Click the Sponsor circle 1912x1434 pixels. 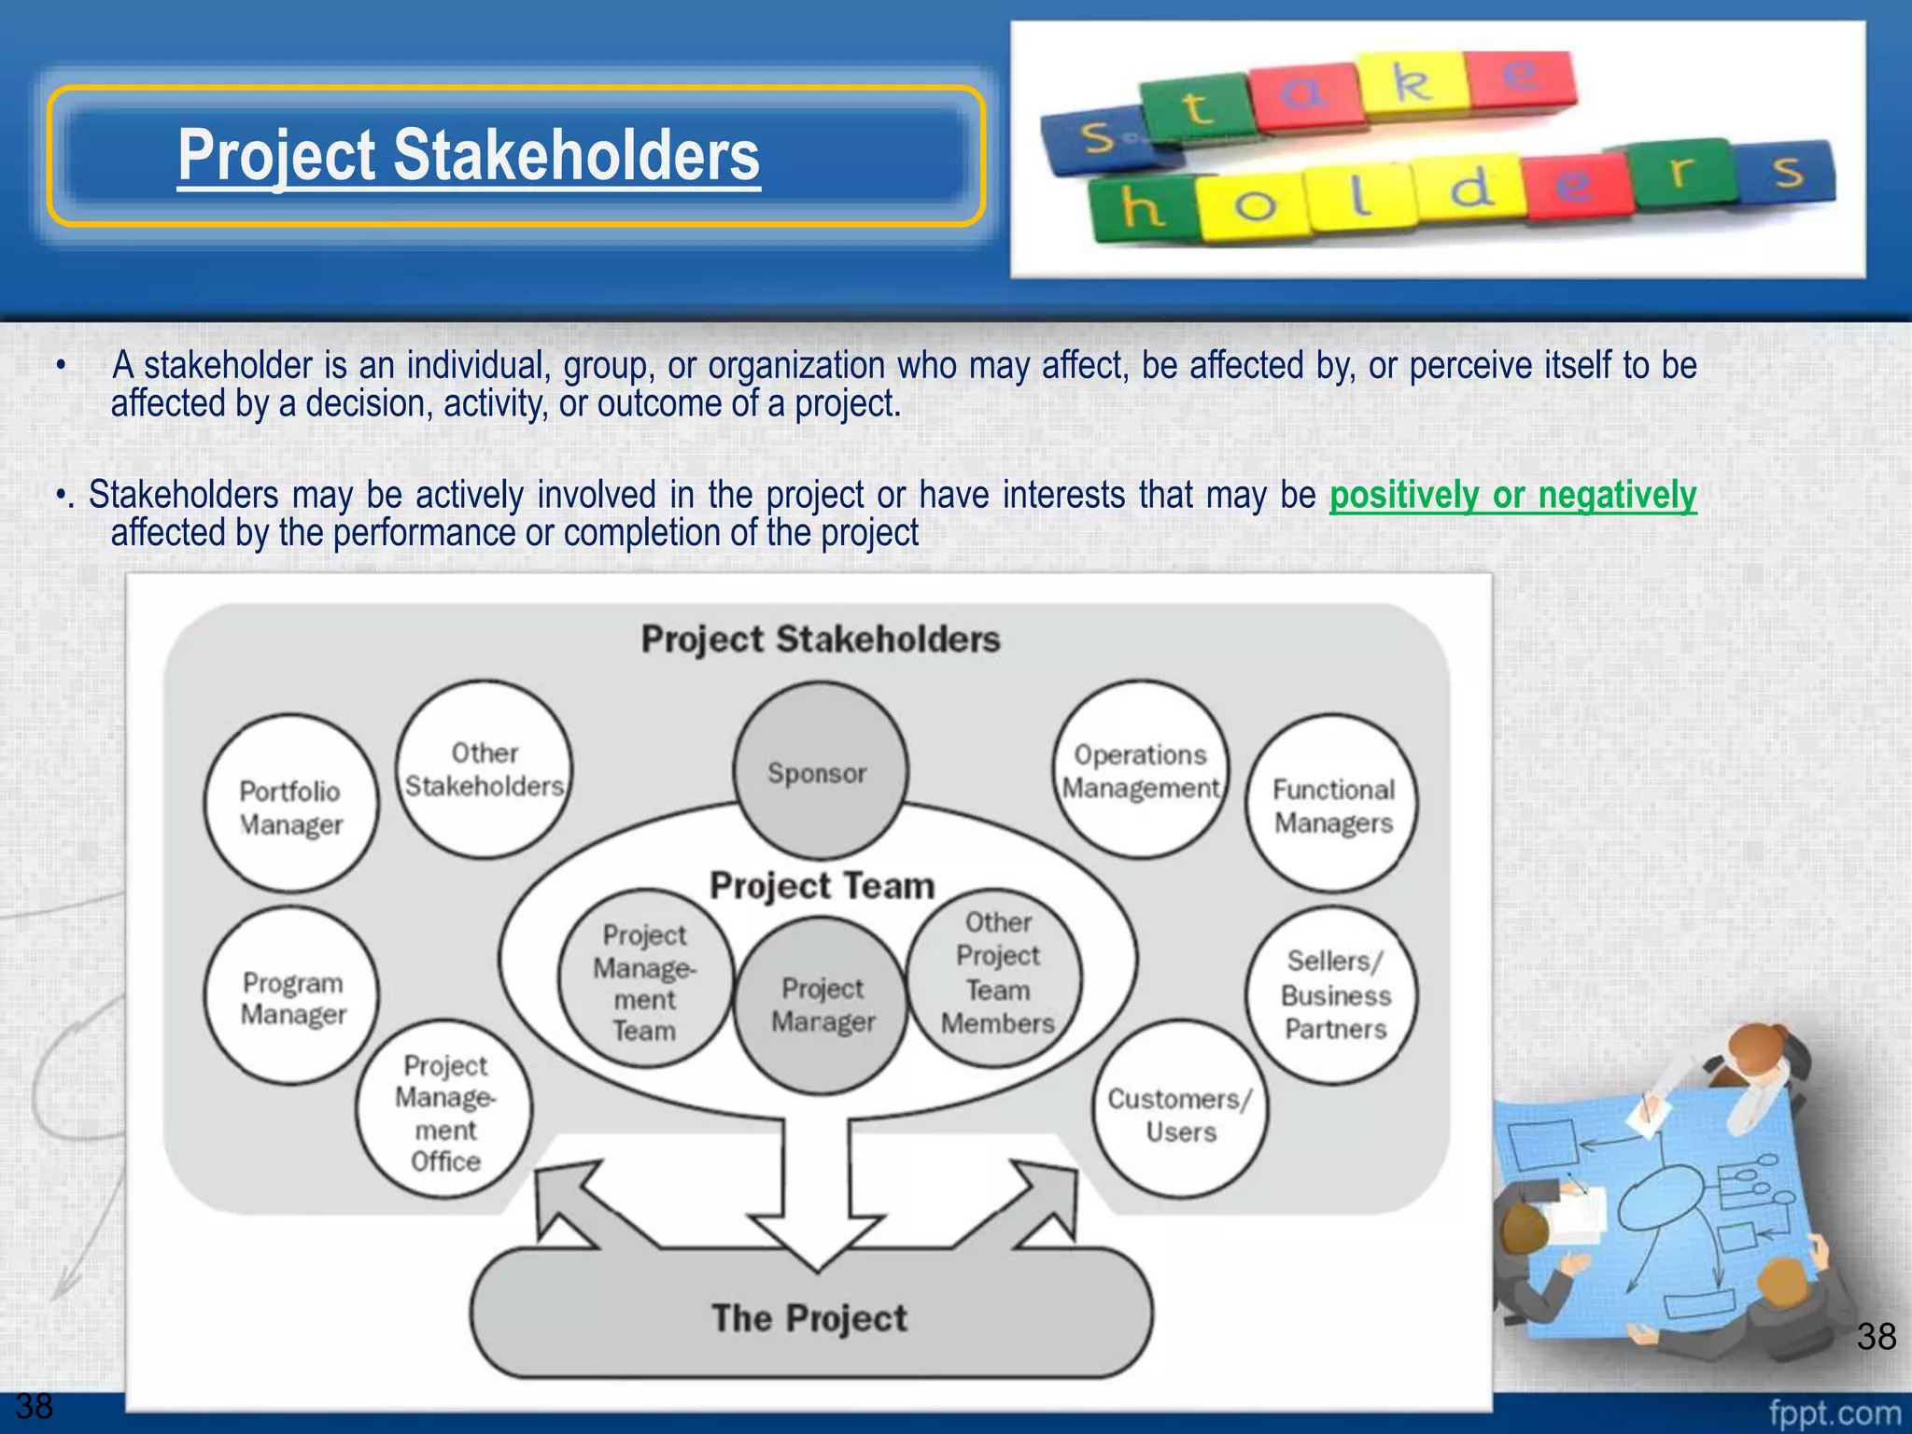(819, 771)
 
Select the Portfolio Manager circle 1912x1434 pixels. (291, 805)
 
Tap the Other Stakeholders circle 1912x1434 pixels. (484, 769)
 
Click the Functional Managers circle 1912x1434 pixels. (1332, 805)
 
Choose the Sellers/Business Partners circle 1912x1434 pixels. (1334, 994)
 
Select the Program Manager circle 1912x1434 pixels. (292, 996)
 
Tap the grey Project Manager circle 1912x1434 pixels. (822, 1005)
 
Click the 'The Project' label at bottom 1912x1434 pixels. (809, 1317)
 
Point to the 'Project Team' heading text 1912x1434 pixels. (822, 885)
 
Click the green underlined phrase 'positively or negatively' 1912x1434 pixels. (1512, 495)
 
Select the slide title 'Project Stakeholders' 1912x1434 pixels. (469, 155)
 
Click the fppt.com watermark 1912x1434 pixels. (1834, 1412)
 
